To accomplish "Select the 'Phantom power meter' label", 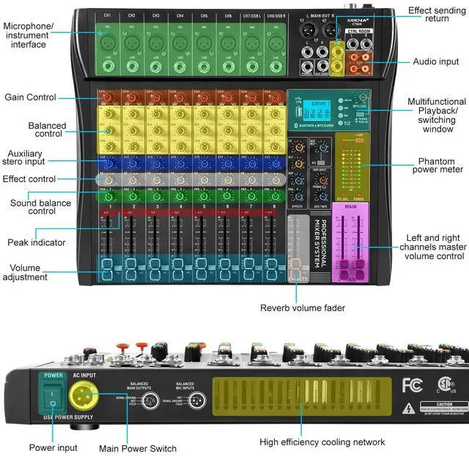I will click(440, 165).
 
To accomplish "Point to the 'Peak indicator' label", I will click(37, 242).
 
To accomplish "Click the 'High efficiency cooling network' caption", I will click(322, 442).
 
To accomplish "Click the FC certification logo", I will click(413, 384).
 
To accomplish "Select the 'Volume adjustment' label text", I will click(26, 272).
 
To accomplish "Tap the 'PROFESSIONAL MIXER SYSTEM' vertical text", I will click(317, 250).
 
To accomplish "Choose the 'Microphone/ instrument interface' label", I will click(29, 35).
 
